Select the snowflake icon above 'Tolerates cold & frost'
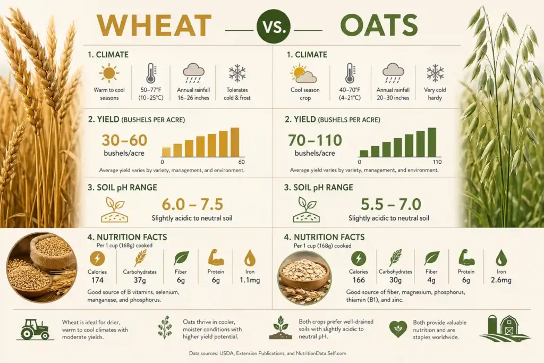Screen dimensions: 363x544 (237, 73)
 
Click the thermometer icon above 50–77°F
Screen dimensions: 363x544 (151, 73)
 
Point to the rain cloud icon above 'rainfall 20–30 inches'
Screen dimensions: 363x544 (393, 73)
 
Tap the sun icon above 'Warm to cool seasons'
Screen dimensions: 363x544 (109, 73)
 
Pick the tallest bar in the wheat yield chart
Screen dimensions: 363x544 (235, 142)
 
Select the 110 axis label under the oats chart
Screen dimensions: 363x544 (437, 162)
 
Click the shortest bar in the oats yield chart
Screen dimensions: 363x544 (364, 154)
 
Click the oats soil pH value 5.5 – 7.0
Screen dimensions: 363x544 (390, 204)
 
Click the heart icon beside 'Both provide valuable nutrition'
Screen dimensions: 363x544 (398, 329)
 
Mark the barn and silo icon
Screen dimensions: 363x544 (504, 328)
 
